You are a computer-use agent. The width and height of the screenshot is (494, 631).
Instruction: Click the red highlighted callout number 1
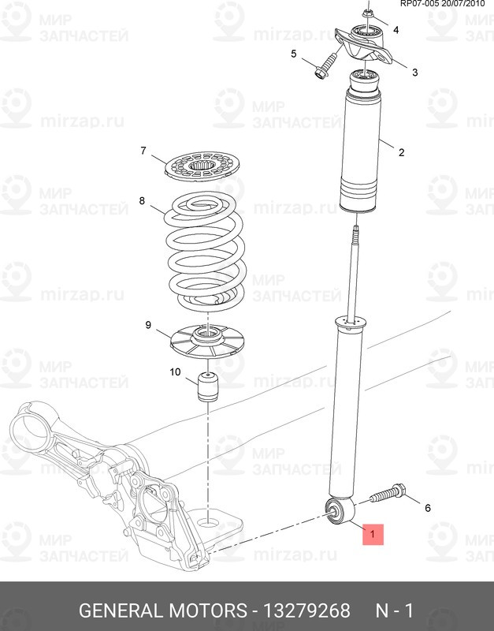pyautogui.click(x=373, y=534)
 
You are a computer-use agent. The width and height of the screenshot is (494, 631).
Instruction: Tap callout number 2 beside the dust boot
pyautogui.click(x=401, y=152)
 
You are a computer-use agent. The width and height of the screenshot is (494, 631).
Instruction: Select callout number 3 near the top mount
pyautogui.click(x=414, y=73)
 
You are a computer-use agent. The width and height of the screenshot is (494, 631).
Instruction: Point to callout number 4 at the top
pyautogui.click(x=396, y=30)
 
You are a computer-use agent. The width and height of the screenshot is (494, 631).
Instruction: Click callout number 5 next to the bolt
pyautogui.click(x=293, y=54)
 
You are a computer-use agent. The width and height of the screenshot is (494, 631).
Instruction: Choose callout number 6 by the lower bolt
pyautogui.click(x=428, y=508)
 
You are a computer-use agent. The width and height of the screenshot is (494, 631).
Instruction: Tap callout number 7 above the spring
pyautogui.click(x=143, y=151)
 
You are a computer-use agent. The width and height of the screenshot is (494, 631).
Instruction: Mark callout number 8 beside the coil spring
pyautogui.click(x=142, y=200)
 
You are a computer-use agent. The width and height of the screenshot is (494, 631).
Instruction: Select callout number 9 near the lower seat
pyautogui.click(x=148, y=325)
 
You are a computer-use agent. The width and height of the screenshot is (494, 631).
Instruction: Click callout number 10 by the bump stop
pyautogui.click(x=175, y=372)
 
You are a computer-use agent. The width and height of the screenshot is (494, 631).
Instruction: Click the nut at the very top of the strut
pyautogui.click(x=366, y=14)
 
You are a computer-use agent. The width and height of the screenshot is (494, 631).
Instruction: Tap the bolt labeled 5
pyautogui.click(x=325, y=66)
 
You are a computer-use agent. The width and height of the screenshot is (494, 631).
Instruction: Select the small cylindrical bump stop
pyautogui.click(x=208, y=387)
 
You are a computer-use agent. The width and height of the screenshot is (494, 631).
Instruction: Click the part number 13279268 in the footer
pyautogui.click(x=306, y=610)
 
